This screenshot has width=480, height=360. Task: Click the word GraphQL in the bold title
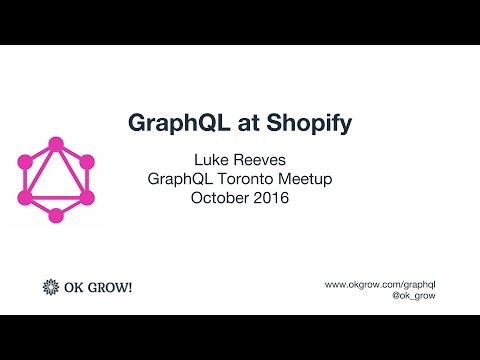click(174, 123)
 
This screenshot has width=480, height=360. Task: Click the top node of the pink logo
click(56, 144)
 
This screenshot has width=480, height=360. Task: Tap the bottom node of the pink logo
click(56, 215)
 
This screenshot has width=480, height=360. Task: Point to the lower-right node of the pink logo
click(87, 197)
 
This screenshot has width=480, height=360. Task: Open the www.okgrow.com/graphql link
click(380, 284)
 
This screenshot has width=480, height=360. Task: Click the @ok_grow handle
click(413, 297)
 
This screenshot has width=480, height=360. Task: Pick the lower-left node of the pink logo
click(26, 197)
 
